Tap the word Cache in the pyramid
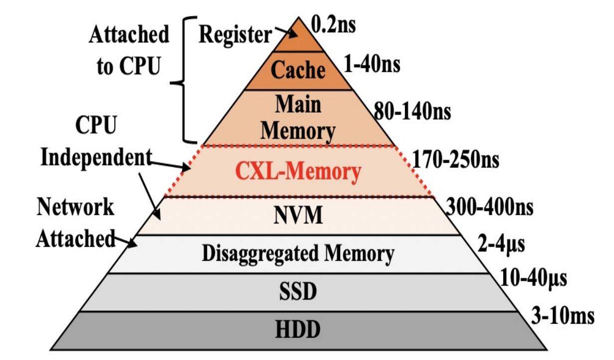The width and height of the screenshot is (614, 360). [298, 70]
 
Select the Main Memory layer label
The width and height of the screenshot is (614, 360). [298, 118]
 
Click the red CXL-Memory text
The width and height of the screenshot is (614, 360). [298, 172]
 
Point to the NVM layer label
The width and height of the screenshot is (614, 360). [298, 216]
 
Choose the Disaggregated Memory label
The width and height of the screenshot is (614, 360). [298, 254]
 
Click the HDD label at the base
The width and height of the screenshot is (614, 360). [298, 330]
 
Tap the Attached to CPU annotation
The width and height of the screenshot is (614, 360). [129, 50]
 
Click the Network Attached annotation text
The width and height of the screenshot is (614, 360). [76, 223]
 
